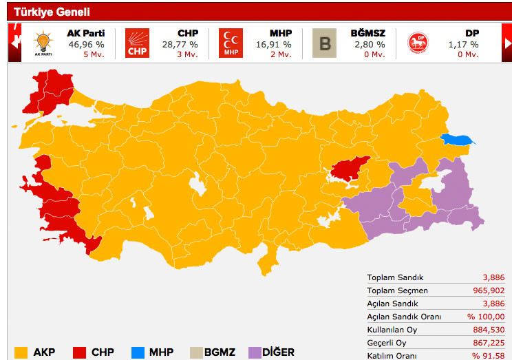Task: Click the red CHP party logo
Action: (137, 43)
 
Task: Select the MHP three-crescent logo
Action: (231, 43)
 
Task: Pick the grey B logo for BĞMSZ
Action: (324, 43)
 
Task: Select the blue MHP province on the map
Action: (458, 140)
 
